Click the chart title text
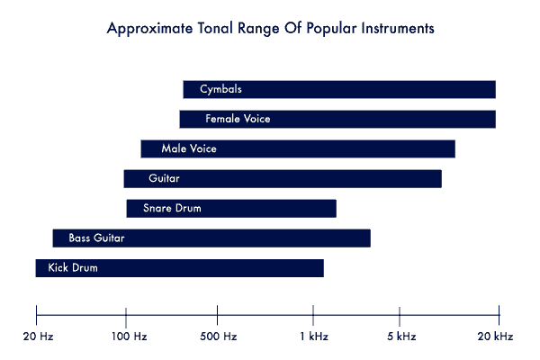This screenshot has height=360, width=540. point(270,29)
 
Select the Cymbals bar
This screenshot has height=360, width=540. point(339,90)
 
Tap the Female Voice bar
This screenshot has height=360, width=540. point(337,119)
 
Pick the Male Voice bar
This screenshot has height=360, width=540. point(298,148)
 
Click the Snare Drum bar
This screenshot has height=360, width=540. point(231,209)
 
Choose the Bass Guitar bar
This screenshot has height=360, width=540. point(211,238)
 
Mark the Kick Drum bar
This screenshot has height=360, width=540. point(179,268)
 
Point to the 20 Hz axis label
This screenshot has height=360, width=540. point(38,337)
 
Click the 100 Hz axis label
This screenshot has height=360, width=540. point(129,337)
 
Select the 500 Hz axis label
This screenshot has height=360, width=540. point(219,337)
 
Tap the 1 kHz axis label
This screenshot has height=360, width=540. point(314,337)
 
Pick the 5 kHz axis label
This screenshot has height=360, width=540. point(401,337)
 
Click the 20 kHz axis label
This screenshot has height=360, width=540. point(495,337)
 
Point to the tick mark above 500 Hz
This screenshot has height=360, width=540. point(217,315)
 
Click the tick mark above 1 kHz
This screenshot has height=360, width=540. point(313,315)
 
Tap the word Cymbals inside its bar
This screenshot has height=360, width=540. point(220,89)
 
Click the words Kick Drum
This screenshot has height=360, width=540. point(73,267)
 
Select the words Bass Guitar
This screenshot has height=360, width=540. point(96,238)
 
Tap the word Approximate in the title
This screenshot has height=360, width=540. point(149,29)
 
